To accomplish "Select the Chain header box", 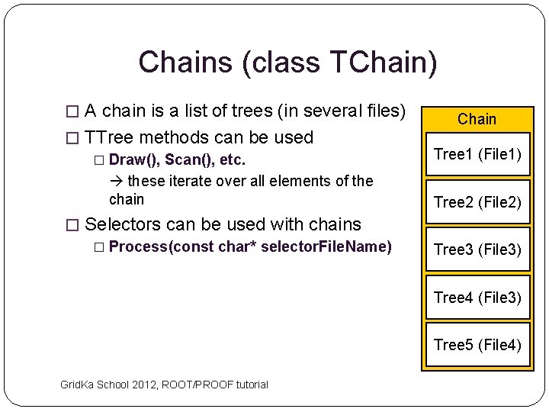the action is pyautogui.click(x=477, y=119).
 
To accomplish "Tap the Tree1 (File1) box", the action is pyautogui.click(x=477, y=155).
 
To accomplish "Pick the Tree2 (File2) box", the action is pyautogui.click(x=477, y=202).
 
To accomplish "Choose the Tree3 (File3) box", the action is pyautogui.click(x=477, y=249).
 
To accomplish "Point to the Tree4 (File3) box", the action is pyautogui.click(x=477, y=297).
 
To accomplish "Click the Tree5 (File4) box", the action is pyautogui.click(x=477, y=345).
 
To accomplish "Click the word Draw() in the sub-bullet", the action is pyautogui.click(x=134, y=160).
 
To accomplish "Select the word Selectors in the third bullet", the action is pyautogui.click(x=123, y=224).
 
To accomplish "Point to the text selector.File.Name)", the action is pyautogui.click(x=326, y=246).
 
